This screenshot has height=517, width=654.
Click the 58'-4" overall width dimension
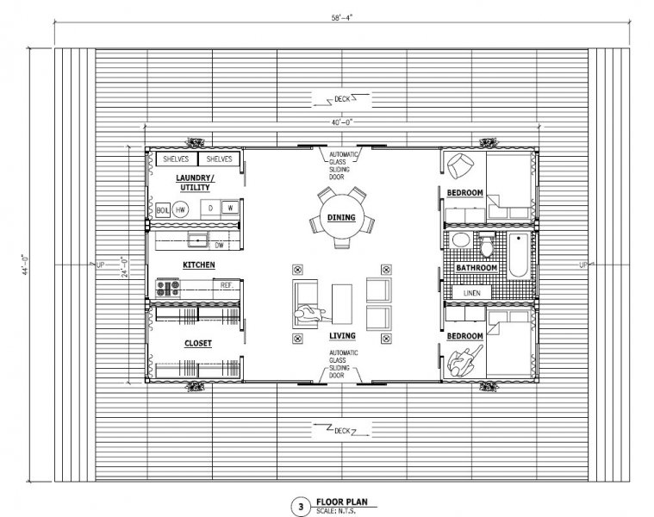[x=342, y=17]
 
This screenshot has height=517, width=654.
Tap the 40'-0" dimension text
[x=342, y=122]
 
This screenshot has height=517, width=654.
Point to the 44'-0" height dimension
[x=26, y=265]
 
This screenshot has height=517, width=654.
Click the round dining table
[x=341, y=217]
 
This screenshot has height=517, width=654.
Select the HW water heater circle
[x=180, y=209]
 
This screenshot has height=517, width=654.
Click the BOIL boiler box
[x=162, y=210]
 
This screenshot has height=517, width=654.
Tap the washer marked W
[x=230, y=207]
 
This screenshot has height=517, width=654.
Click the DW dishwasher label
[x=220, y=246]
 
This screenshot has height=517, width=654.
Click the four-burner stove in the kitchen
[x=168, y=288]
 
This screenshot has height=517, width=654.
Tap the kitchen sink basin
[x=199, y=240]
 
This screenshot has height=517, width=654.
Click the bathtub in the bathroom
[x=519, y=256]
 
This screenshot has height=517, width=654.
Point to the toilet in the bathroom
[x=486, y=245]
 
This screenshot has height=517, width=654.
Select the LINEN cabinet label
[x=471, y=293]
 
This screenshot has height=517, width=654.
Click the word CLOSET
[x=198, y=343]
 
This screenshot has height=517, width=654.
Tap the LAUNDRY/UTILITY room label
[x=196, y=183]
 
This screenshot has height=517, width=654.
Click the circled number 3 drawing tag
[x=301, y=507]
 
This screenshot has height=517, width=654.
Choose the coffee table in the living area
[x=342, y=304]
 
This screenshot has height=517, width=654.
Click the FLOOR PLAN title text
[x=342, y=501]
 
